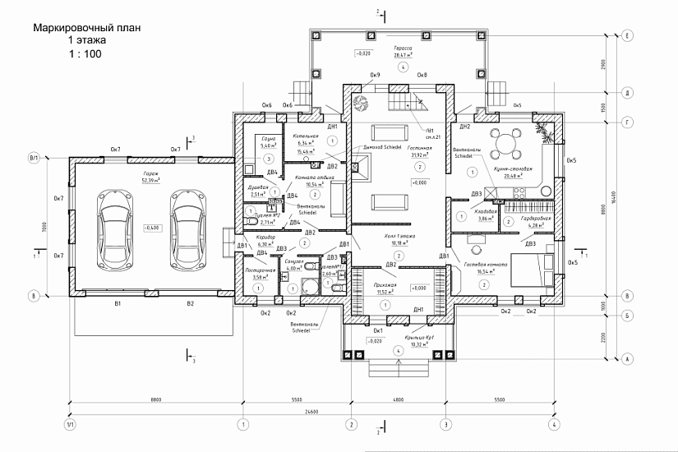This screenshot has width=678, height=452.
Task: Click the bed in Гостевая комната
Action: point(533,270)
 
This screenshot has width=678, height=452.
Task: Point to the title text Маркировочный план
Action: point(86,28)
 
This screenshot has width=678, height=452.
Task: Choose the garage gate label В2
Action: point(190,304)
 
